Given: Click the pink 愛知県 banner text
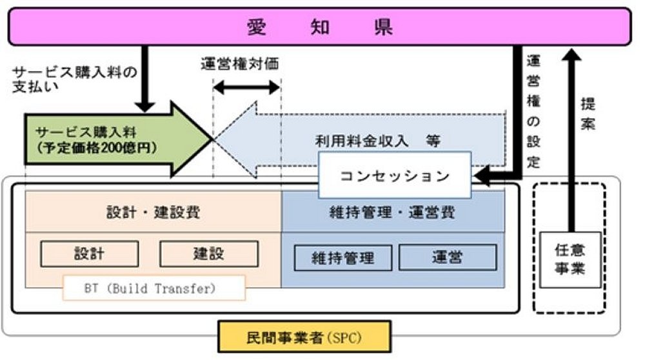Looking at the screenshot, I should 320,28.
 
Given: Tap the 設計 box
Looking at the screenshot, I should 89,254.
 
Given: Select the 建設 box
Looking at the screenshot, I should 208,254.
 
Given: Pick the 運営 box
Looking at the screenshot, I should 447,257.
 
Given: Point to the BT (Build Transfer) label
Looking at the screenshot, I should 154,288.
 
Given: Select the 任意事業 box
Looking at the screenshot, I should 569,259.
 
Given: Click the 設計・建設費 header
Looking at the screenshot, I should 153,212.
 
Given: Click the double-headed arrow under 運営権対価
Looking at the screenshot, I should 246,87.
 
